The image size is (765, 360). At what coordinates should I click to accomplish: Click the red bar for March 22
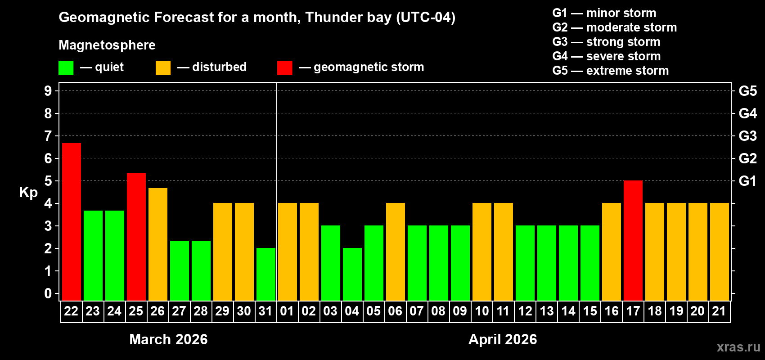(72, 221)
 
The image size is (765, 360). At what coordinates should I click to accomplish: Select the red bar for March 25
(136, 237)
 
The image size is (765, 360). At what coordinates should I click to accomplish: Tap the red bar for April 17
(633, 240)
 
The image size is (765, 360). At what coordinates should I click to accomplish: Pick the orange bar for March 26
(158, 244)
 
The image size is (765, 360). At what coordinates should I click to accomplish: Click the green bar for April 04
(352, 274)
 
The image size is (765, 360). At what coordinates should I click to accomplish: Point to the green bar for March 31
(266, 274)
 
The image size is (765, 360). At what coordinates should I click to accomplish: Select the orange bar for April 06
(396, 252)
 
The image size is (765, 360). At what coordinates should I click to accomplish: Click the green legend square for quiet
(66, 68)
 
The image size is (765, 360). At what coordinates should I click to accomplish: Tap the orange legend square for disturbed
(163, 68)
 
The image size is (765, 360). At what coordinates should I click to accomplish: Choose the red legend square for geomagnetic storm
(284, 68)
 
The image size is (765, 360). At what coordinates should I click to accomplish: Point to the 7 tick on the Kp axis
(48, 136)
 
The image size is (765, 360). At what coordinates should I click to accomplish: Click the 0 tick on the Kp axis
(48, 293)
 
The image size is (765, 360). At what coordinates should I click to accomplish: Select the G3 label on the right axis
(747, 136)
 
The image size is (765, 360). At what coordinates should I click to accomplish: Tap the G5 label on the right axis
(747, 91)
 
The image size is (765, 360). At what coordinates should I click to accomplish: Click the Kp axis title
(28, 192)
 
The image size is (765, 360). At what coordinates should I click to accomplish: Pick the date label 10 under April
(482, 311)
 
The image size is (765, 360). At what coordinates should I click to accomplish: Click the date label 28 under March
(201, 311)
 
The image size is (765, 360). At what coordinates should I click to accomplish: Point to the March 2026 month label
(168, 339)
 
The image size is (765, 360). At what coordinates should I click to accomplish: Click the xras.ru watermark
(738, 346)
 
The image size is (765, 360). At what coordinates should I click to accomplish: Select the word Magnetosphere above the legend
(107, 45)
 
